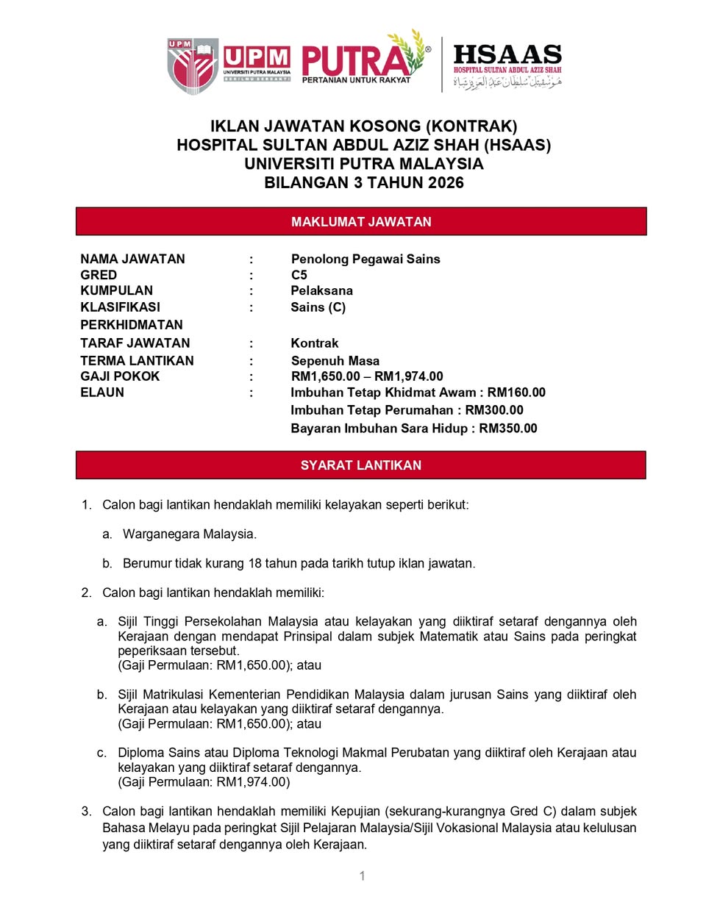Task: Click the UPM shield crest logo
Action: coord(192,65)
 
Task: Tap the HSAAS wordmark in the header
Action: coord(507,54)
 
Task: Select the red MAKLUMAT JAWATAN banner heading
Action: coord(361,221)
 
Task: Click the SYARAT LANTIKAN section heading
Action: coord(361,465)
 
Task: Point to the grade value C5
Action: coord(299,275)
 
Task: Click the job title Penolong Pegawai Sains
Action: coord(366,259)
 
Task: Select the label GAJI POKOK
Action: coord(120,376)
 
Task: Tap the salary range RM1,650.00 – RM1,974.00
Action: coord(367,376)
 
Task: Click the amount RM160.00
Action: coord(516,393)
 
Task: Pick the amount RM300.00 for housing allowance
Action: coord(494,410)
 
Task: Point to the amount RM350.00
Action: coord(508,428)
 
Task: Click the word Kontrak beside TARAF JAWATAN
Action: coord(315,343)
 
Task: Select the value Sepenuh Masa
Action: coord(335,361)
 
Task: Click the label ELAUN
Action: coord(102,393)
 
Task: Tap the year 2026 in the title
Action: coord(442,182)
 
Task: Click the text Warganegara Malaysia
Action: coord(190,534)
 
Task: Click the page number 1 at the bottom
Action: coord(362,876)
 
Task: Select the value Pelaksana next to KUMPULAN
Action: coord(321,290)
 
